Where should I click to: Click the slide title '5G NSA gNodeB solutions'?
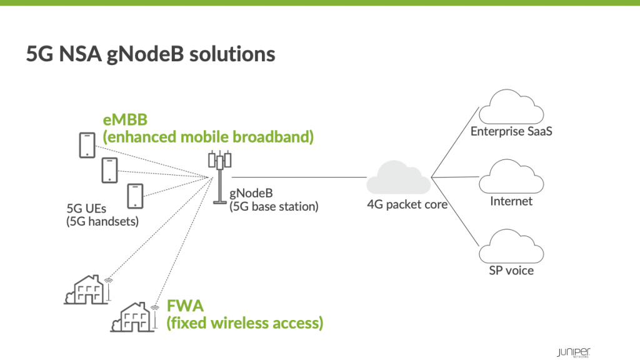(151, 54)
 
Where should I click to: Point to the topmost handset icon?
(86, 145)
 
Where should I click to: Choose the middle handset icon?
(109, 170)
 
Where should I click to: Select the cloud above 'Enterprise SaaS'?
(511, 107)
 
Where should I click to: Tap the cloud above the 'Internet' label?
(511, 177)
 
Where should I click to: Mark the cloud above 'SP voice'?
(511, 247)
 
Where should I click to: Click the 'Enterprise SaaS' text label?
(511, 131)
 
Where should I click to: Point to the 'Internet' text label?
(511, 201)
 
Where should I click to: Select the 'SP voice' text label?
(511, 271)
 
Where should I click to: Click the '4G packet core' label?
(407, 204)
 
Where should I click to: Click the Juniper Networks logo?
(574, 351)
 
